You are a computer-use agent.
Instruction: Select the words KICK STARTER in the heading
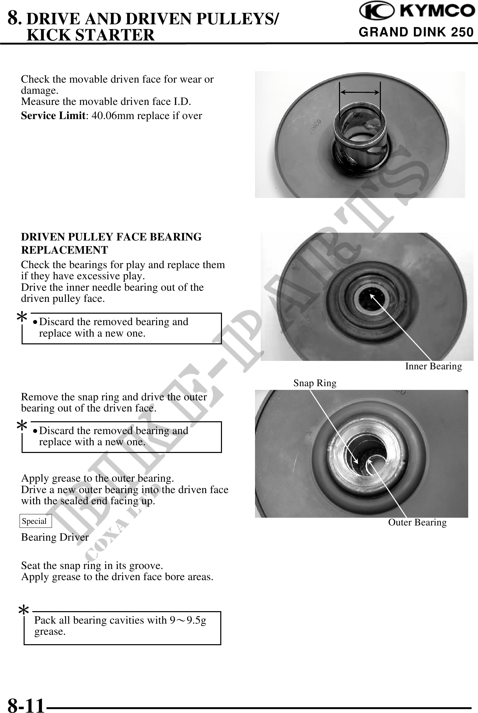click(x=90, y=35)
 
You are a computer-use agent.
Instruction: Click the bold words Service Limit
click(x=53, y=116)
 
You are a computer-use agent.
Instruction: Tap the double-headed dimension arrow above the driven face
click(x=360, y=92)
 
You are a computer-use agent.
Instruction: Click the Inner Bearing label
click(x=433, y=366)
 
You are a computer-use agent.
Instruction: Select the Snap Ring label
click(x=315, y=383)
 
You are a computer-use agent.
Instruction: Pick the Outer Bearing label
click(x=417, y=522)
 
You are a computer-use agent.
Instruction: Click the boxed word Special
click(x=34, y=521)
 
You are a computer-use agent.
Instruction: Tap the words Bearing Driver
click(x=55, y=537)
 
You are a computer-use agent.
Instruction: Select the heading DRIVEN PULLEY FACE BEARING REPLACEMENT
click(x=111, y=244)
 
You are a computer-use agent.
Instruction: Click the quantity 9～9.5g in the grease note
click(x=188, y=620)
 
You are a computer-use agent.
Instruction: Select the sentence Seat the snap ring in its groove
click(x=92, y=565)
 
